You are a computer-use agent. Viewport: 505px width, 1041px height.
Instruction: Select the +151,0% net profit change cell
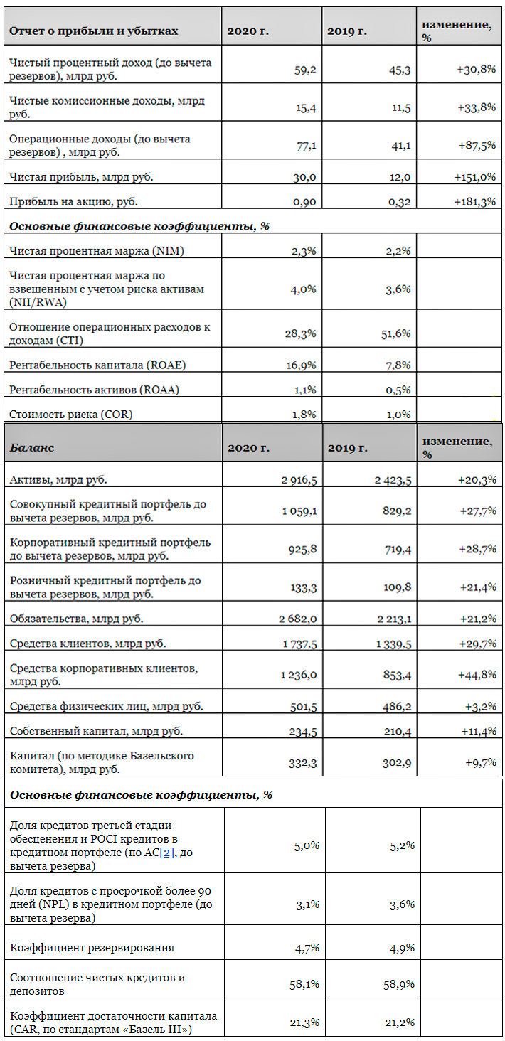click(x=474, y=177)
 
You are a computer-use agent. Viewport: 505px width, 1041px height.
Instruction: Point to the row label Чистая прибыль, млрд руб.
click(x=81, y=176)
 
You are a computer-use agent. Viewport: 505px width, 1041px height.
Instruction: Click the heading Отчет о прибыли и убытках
click(x=93, y=31)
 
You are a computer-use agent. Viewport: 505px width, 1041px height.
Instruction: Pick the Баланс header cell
click(x=31, y=447)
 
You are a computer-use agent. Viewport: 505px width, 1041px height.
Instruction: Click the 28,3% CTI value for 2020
click(x=302, y=334)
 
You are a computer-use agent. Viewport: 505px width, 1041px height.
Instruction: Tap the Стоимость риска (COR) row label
click(x=70, y=414)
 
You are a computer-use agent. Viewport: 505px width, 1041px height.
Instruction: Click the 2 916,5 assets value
click(x=299, y=480)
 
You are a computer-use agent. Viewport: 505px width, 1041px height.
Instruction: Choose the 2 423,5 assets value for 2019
click(x=393, y=480)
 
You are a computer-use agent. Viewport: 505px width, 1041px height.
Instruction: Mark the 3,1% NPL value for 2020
click(x=307, y=904)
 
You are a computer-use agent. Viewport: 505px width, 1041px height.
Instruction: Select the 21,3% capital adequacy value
click(x=304, y=1023)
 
